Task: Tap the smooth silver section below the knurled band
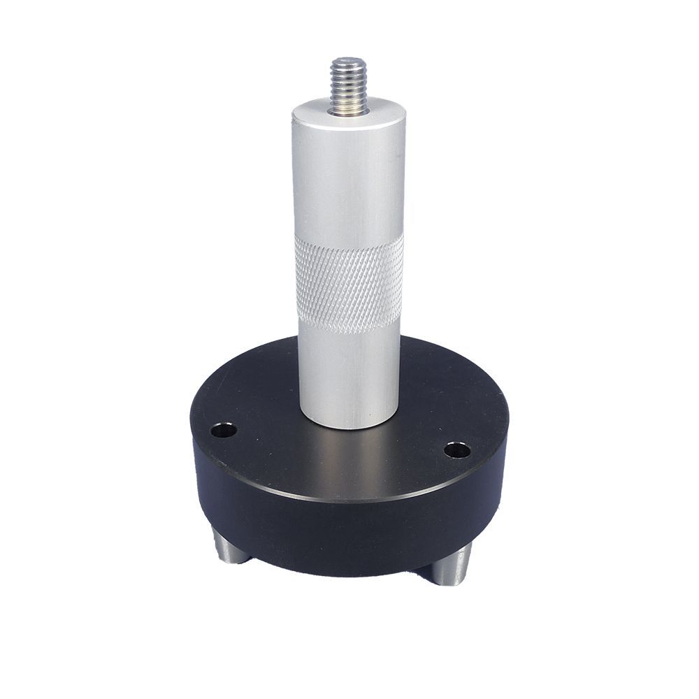click(x=348, y=363)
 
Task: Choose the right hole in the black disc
click(x=457, y=449)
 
